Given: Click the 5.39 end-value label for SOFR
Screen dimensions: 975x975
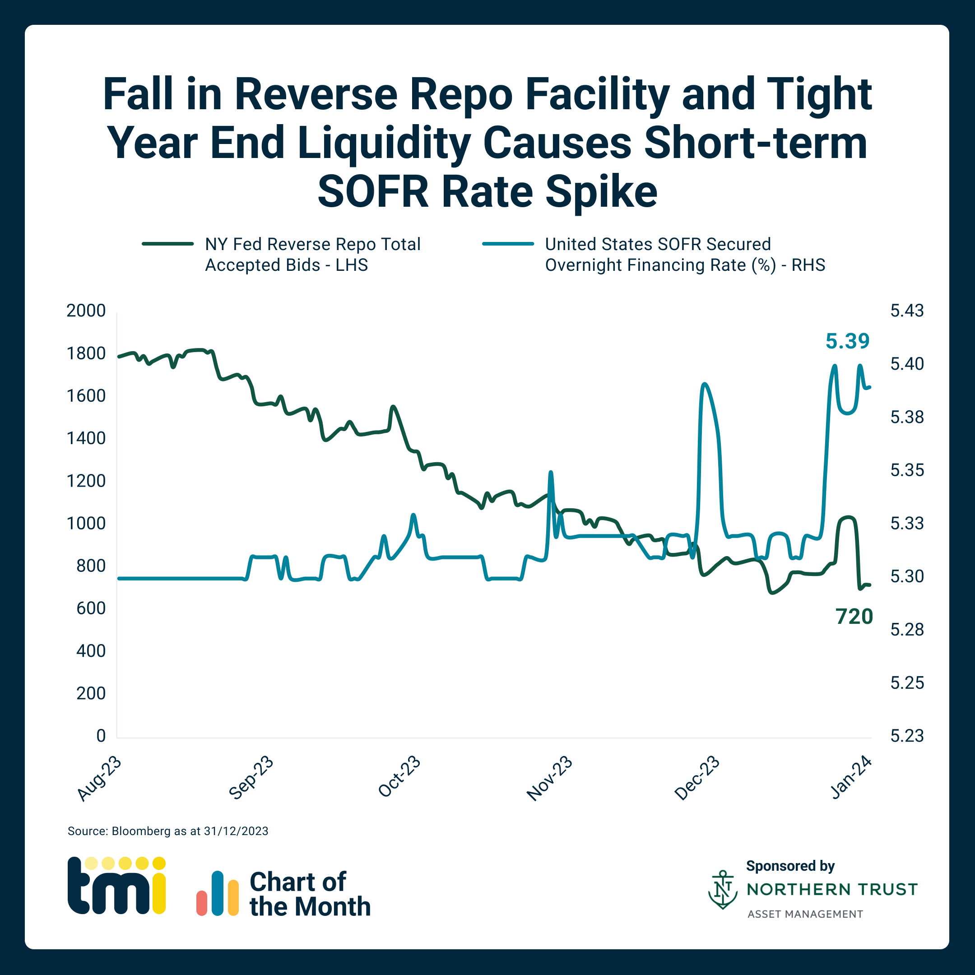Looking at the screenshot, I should click(x=847, y=341).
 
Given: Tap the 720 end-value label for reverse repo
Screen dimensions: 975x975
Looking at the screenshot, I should click(x=854, y=617).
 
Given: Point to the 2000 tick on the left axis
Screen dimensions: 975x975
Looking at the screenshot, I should click(x=86, y=311).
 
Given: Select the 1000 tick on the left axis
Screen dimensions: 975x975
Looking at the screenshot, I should click(x=86, y=523).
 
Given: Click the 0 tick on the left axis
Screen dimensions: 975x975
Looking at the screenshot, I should click(x=101, y=736).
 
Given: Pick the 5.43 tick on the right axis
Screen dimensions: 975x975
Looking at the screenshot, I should click(x=907, y=311).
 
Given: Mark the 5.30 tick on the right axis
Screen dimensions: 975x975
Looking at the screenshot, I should click(x=907, y=576).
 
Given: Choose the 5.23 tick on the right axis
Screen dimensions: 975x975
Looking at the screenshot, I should click(x=907, y=736).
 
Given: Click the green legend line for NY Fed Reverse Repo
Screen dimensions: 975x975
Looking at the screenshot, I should click(x=167, y=244).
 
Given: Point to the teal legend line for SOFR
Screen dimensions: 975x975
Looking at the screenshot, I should click(x=508, y=244).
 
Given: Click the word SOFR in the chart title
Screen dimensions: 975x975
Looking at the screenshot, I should click(x=373, y=192).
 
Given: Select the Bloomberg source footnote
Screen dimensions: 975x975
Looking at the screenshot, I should click(x=168, y=831).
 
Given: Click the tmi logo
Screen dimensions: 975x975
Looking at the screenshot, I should click(x=116, y=885).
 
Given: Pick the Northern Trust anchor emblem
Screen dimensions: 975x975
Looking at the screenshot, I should click(x=723, y=890).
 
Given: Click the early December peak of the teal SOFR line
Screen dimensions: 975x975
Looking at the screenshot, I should click(x=705, y=384).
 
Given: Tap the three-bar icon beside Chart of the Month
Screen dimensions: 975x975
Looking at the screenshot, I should click(x=218, y=894).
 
